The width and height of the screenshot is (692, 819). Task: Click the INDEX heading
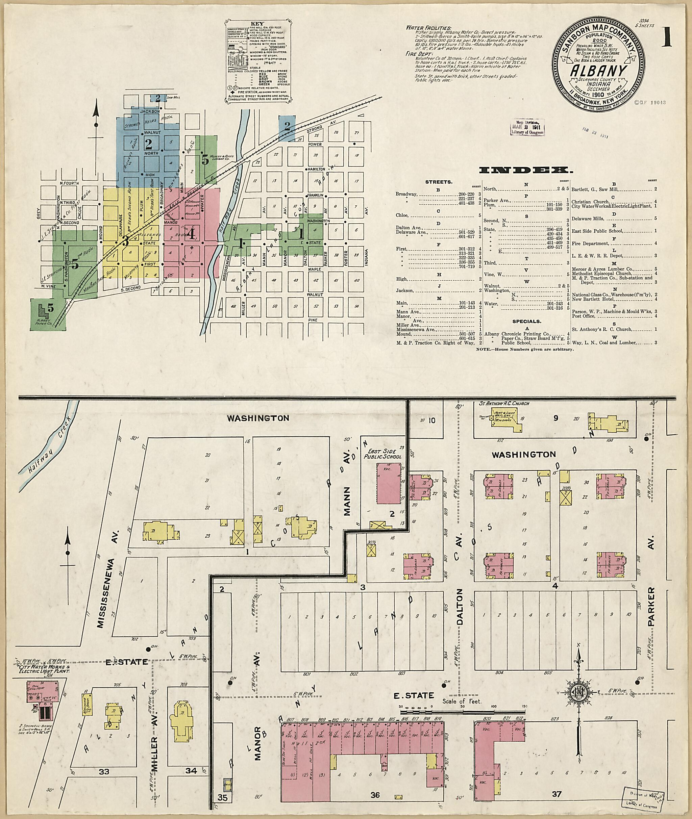click(525, 170)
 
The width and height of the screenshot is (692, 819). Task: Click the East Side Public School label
click(383, 454)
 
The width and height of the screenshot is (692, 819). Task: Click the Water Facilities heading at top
click(428, 28)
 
